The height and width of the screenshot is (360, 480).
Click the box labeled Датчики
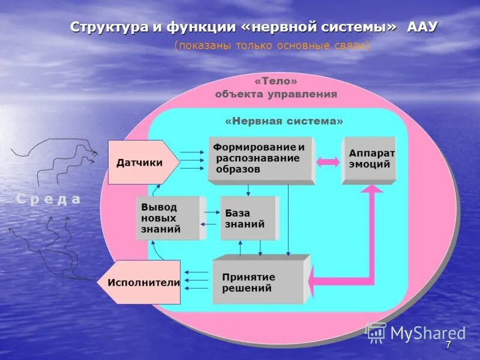point(141,162)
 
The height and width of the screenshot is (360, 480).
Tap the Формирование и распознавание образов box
point(260,159)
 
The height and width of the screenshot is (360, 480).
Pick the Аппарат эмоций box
point(368,160)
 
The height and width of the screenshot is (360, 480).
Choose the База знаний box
point(247,218)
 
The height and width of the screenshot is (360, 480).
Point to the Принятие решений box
point(258,282)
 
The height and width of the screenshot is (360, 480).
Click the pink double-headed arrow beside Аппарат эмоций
point(328,161)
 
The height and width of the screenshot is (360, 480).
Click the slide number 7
point(448,345)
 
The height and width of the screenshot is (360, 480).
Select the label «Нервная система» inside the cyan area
point(284,121)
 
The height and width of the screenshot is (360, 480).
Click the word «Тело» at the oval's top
point(276,81)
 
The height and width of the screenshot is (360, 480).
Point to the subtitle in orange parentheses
point(272,46)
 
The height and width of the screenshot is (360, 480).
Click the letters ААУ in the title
point(422,27)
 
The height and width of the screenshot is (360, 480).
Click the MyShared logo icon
point(376,332)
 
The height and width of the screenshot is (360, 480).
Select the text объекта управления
point(276,94)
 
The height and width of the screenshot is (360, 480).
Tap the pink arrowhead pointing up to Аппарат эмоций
point(373,188)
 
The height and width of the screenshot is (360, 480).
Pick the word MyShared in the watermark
point(428,333)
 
